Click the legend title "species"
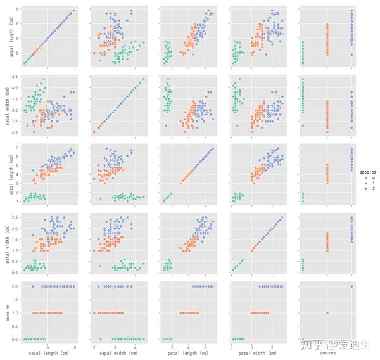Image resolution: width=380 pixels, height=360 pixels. [360, 172]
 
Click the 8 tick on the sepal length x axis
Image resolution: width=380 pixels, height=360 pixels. [75, 347]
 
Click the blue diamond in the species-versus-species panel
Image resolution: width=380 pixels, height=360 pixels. [352, 286]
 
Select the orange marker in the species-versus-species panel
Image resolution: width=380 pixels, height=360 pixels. [327, 312]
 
